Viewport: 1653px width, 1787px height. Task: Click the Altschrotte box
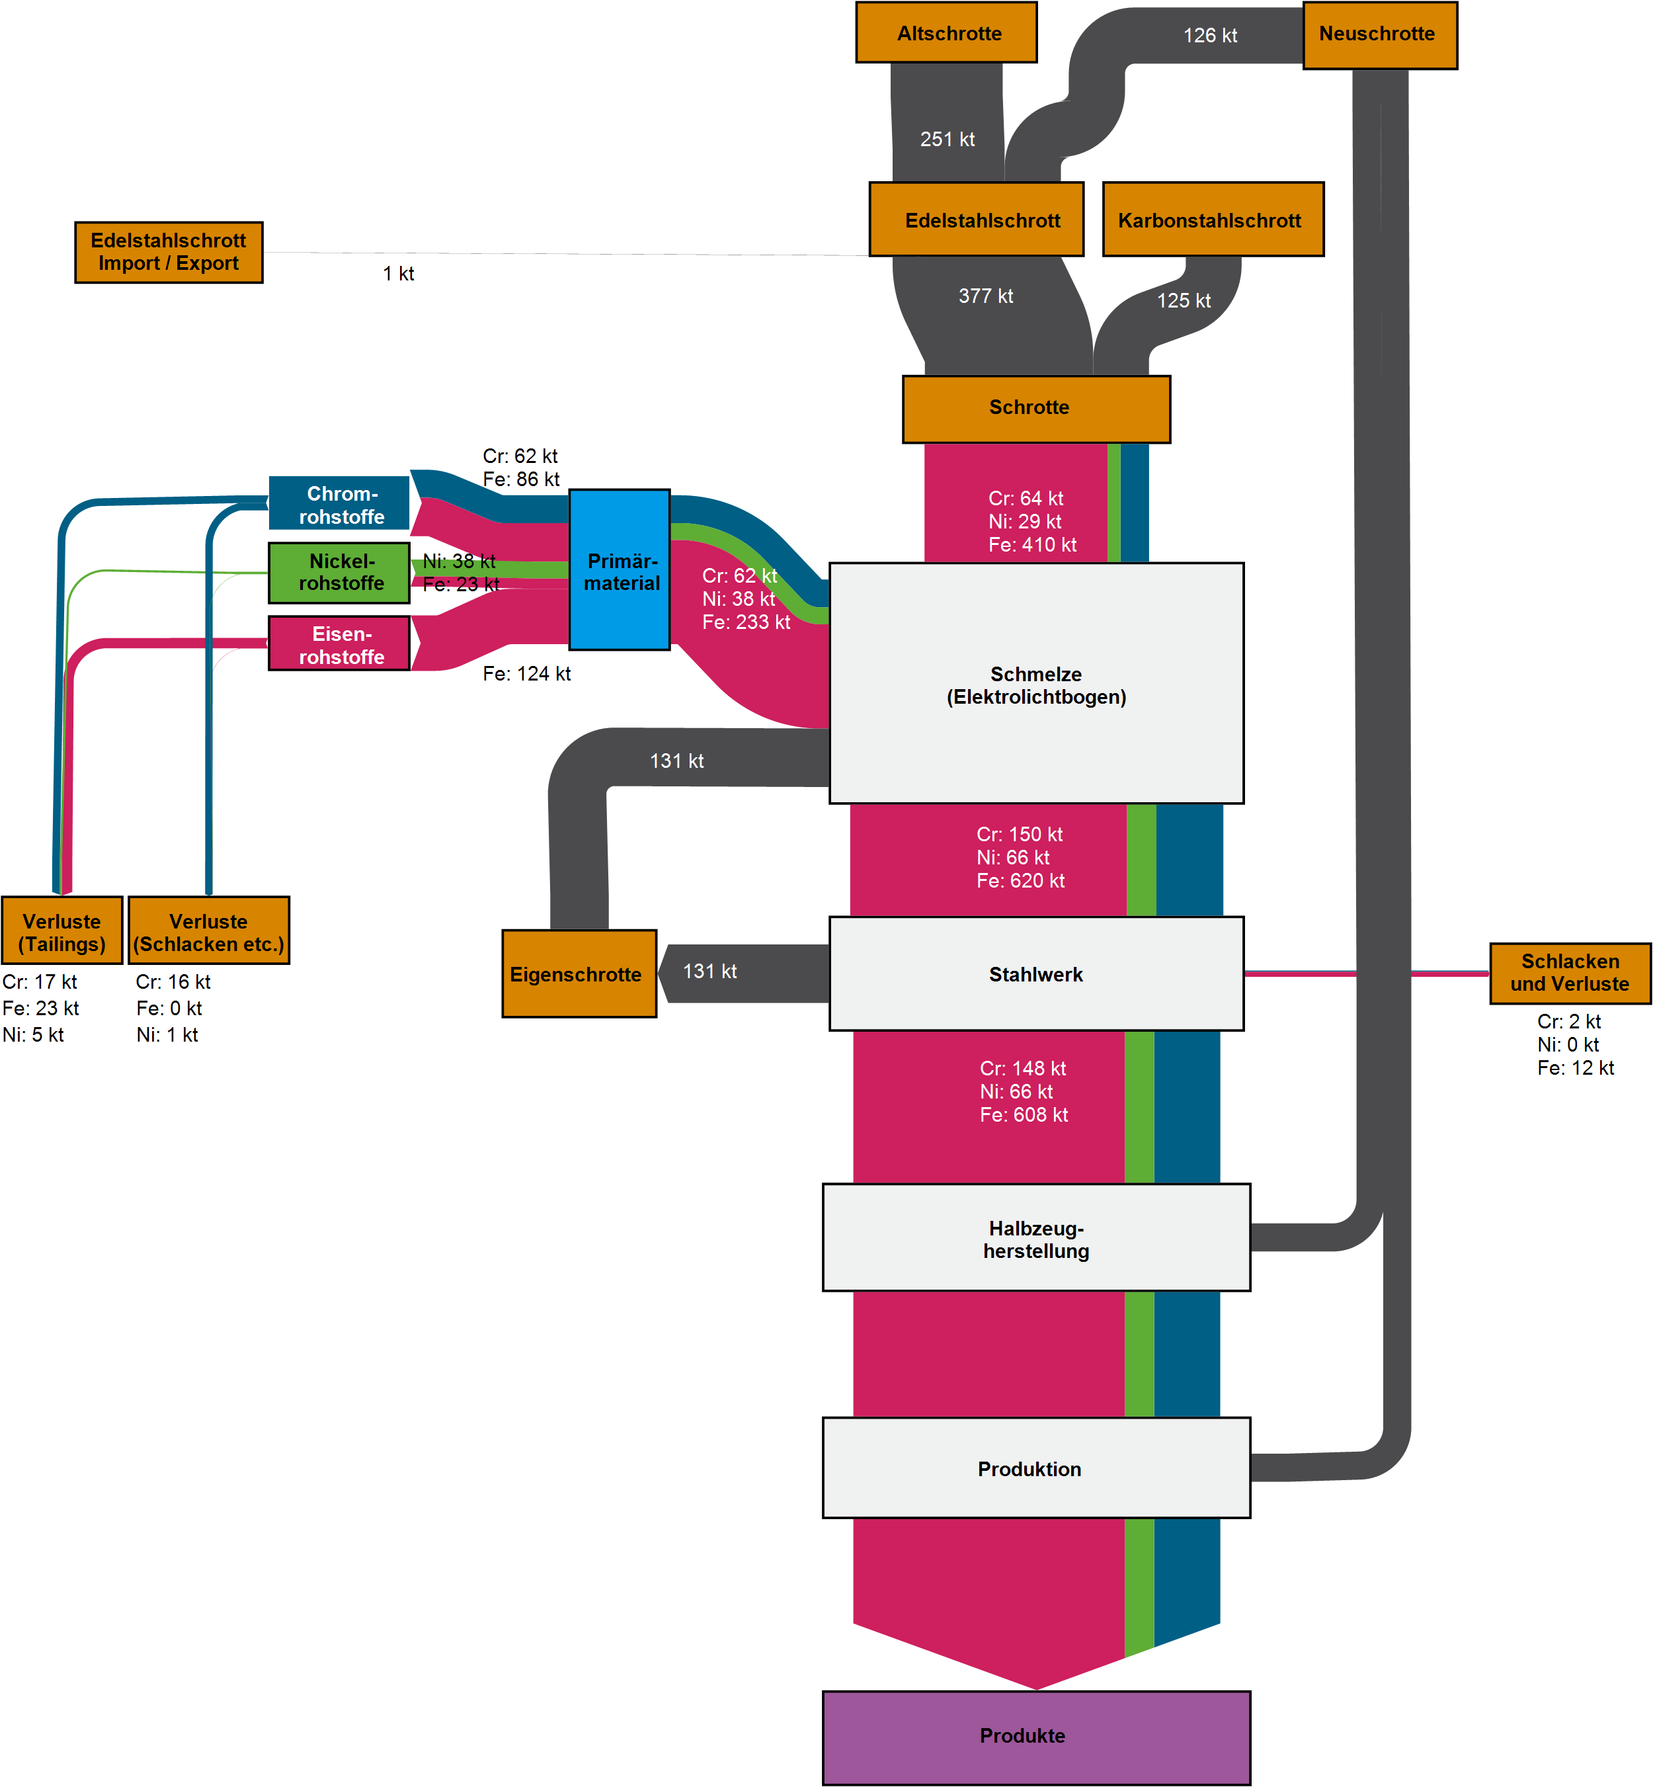[946, 32]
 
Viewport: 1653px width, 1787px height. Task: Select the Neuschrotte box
[1379, 35]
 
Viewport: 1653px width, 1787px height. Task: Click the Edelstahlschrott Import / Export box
[168, 253]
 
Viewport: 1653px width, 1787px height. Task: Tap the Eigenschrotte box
[579, 974]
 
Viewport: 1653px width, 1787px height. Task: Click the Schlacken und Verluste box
[1569, 973]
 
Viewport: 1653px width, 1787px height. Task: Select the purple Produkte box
[1036, 1737]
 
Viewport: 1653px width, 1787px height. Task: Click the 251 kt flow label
[947, 140]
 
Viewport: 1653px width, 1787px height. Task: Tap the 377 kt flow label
[986, 296]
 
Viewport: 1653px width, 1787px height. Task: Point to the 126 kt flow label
[1210, 36]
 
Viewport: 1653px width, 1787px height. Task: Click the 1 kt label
[398, 274]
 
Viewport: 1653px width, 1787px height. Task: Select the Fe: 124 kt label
[526, 674]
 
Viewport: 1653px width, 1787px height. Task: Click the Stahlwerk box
[1036, 974]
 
